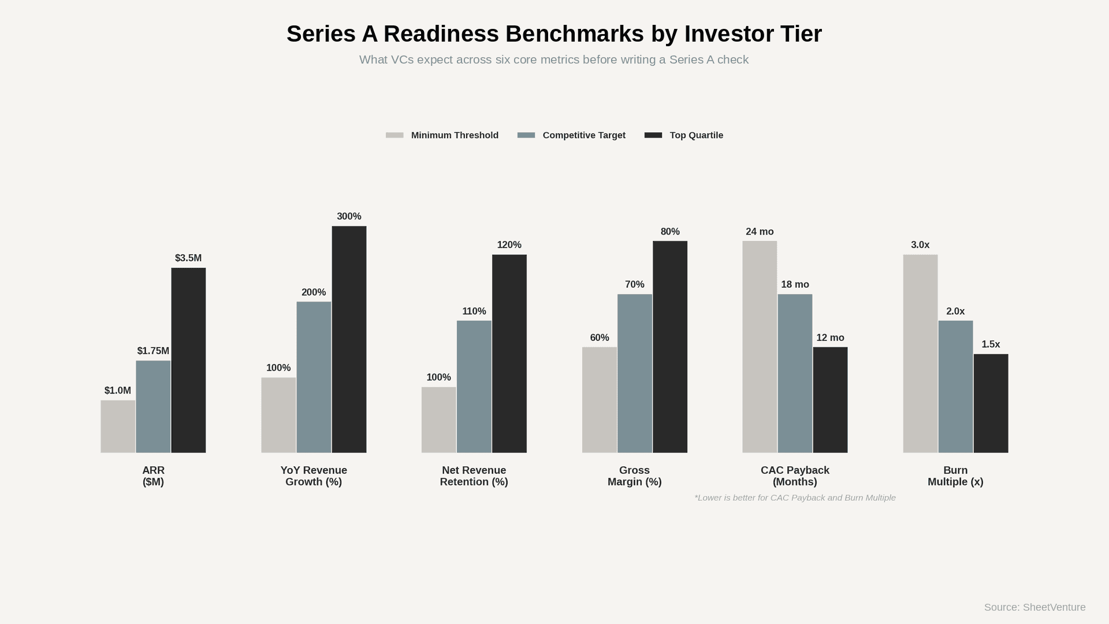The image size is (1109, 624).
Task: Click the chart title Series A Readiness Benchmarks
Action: pos(554,34)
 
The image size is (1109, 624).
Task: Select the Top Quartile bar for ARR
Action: pos(188,360)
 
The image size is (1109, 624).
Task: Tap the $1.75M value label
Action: pos(153,351)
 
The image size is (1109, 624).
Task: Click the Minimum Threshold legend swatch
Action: pos(395,135)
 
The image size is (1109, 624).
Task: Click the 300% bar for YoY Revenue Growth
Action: pos(349,339)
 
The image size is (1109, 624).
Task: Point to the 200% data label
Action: pos(314,292)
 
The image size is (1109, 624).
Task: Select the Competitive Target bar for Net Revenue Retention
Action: pos(474,387)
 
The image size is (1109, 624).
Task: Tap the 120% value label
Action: pos(509,245)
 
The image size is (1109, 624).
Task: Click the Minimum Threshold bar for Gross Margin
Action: pos(600,400)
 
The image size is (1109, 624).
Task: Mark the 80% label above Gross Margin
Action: pos(670,232)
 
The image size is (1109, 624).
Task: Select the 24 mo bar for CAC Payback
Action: pos(760,347)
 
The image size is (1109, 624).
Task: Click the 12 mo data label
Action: pos(830,337)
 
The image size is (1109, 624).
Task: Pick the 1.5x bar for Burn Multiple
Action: pos(991,403)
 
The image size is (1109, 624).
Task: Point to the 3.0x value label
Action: pos(920,245)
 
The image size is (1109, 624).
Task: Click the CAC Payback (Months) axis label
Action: pos(795,476)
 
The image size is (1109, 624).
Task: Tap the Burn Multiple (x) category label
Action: pos(955,476)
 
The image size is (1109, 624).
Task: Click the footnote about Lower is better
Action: pos(795,497)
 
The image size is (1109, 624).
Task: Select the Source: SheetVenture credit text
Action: pos(1034,607)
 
